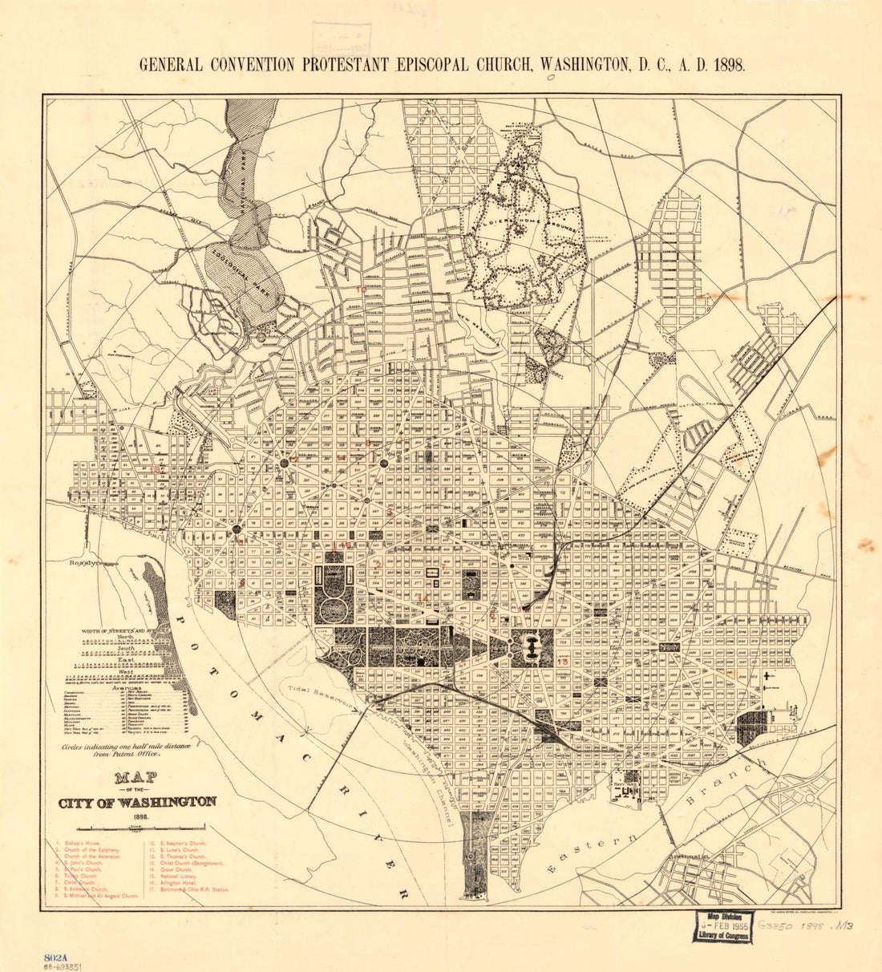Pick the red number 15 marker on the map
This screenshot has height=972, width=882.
(x=563, y=662)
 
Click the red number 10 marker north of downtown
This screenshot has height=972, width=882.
(x=362, y=290)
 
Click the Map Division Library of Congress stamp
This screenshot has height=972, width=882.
(x=722, y=925)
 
